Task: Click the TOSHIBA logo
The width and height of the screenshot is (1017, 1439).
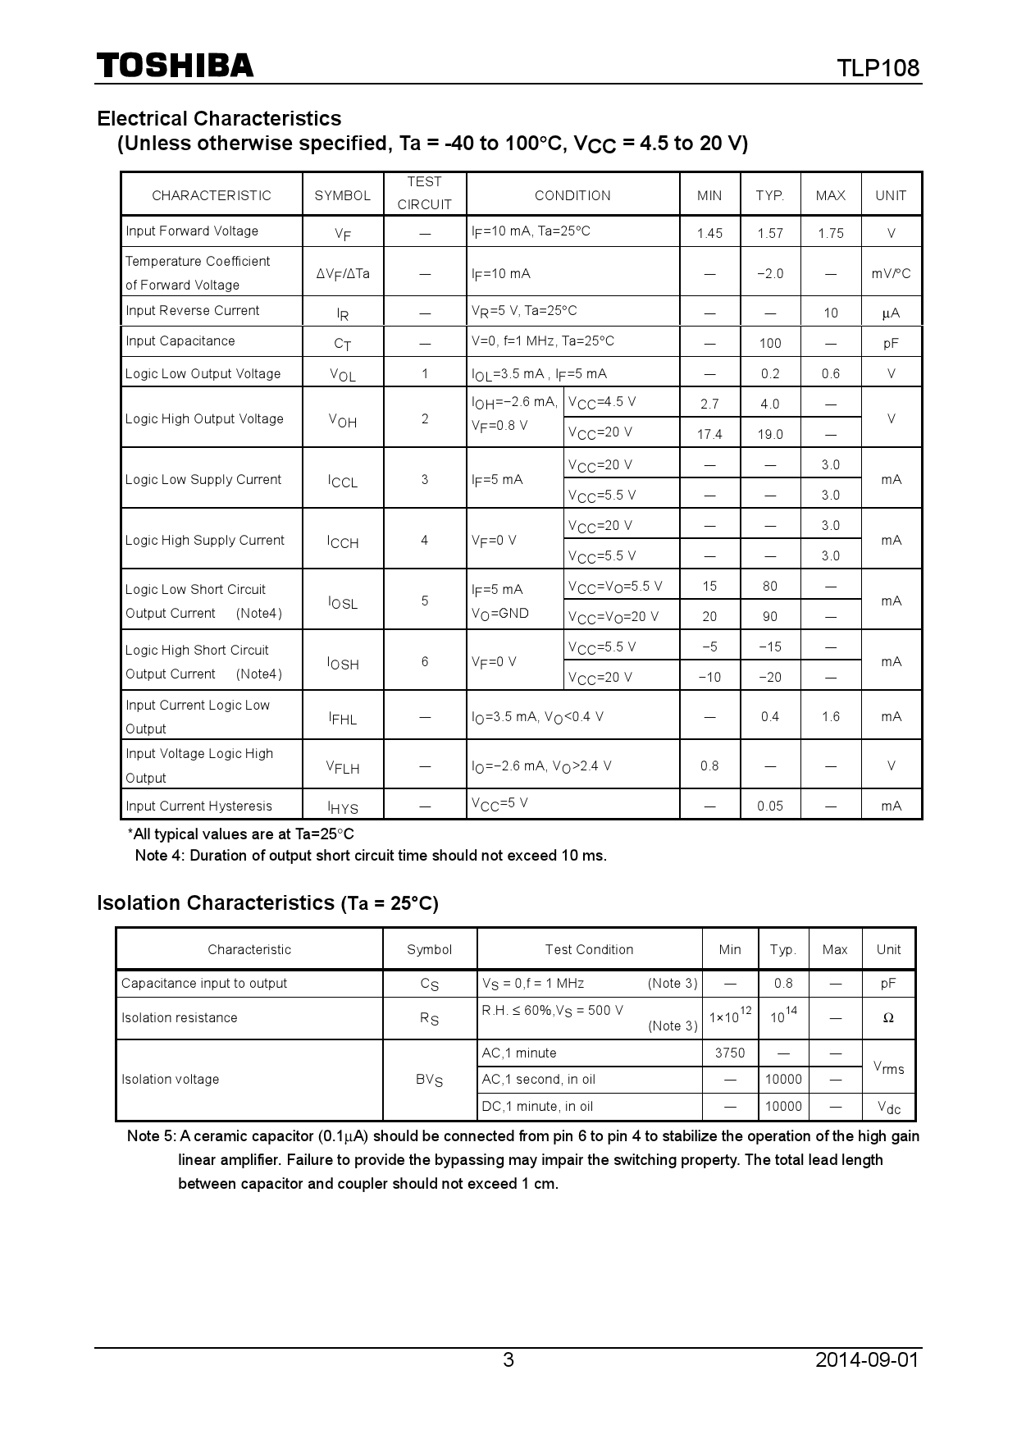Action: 175,66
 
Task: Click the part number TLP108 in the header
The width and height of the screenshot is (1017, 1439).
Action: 878,67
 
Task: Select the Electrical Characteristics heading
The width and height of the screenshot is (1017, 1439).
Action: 219,118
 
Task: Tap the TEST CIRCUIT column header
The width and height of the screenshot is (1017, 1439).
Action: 424,194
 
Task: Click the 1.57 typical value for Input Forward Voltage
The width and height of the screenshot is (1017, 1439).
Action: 770,233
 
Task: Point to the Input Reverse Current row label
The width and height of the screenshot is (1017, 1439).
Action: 192,310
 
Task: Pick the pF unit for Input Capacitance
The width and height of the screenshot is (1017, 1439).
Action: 891,343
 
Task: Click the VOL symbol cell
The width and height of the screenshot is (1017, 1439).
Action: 343,374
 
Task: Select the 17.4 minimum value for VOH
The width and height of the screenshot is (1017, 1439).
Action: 709,434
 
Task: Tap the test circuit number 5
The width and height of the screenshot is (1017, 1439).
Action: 425,601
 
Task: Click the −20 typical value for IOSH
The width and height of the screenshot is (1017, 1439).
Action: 770,677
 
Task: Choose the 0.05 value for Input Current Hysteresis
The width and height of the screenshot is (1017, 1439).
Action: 770,806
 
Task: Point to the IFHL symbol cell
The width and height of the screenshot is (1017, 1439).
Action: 343,718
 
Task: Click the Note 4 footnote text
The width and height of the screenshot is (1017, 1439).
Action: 371,856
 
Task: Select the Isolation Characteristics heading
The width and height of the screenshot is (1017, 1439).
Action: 267,902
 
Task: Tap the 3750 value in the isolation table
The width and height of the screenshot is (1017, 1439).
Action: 730,1053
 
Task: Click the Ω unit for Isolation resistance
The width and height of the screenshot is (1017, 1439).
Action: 888,1018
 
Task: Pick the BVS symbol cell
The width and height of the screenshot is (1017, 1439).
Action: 429,1080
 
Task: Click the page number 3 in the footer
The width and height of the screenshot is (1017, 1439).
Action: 508,1359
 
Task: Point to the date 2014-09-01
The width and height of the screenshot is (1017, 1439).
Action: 867,1359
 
